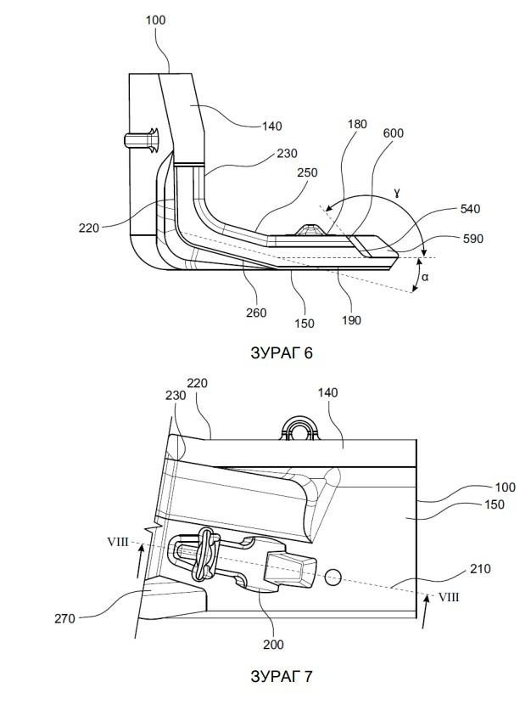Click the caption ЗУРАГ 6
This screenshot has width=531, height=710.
click(x=282, y=352)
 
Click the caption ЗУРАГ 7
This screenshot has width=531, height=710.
click(x=282, y=677)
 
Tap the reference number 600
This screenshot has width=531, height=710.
click(x=393, y=133)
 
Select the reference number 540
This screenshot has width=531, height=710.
click(x=471, y=209)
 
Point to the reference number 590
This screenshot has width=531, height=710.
click(x=473, y=239)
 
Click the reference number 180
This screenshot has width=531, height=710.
click(x=357, y=124)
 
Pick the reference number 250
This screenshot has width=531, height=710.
click(x=307, y=172)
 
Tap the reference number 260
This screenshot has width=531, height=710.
click(x=256, y=313)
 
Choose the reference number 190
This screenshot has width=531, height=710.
click(x=351, y=320)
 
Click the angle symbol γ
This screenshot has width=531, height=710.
click(x=397, y=194)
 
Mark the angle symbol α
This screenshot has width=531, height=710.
click(x=425, y=277)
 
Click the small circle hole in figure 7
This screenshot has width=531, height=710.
click(x=333, y=577)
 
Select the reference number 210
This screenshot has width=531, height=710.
click(x=480, y=569)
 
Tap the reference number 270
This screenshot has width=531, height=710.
click(x=64, y=618)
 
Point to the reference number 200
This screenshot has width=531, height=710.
click(x=273, y=645)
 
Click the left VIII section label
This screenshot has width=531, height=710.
click(x=118, y=542)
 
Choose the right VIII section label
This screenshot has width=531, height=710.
click(x=449, y=597)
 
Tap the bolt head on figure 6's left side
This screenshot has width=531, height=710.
click(x=141, y=140)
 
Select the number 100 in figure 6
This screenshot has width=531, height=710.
click(x=155, y=20)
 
